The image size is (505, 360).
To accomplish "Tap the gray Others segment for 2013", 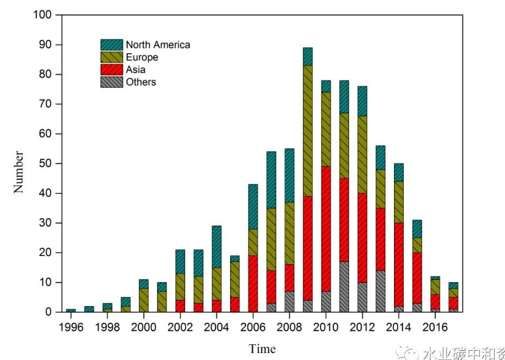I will [381, 291].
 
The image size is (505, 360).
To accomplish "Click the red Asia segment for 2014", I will [399, 264].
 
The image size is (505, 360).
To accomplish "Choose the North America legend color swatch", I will [112, 45].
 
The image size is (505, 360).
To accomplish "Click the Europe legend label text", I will [141, 57].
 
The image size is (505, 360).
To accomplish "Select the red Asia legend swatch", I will [112, 70].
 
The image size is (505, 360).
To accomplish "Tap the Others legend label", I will [140, 82].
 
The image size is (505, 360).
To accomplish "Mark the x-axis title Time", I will [262, 349].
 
